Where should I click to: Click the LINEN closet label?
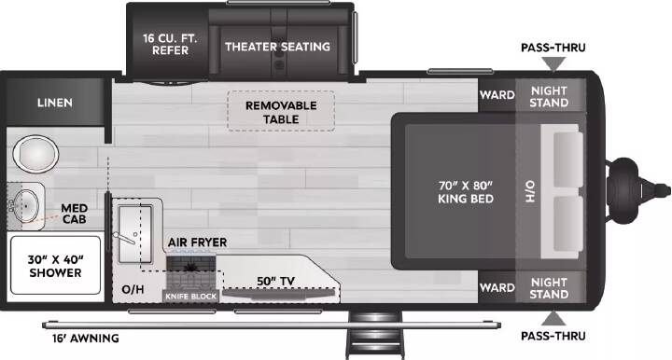coord(55,103)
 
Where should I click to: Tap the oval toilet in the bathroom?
coord(35,154)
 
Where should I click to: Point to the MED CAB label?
coord(74,214)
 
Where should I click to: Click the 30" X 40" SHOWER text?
coord(55,266)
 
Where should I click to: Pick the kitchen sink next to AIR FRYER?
coord(135,234)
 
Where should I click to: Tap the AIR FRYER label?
coord(197,242)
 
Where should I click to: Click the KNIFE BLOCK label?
coord(191,297)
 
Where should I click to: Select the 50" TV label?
coord(276,282)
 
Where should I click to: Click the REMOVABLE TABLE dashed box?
coord(281,111)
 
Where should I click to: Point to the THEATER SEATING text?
coord(278,47)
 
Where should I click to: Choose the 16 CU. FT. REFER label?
coord(170,44)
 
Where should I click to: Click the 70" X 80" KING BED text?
coord(466,192)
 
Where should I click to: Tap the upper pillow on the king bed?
coord(568,159)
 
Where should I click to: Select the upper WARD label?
coord(497,94)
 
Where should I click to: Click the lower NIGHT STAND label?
coord(549,288)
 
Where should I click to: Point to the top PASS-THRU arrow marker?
coord(553,64)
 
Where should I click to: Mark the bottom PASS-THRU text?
coord(553,336)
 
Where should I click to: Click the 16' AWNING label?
coord(86,339)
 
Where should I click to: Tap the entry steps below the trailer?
coord(375,335)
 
